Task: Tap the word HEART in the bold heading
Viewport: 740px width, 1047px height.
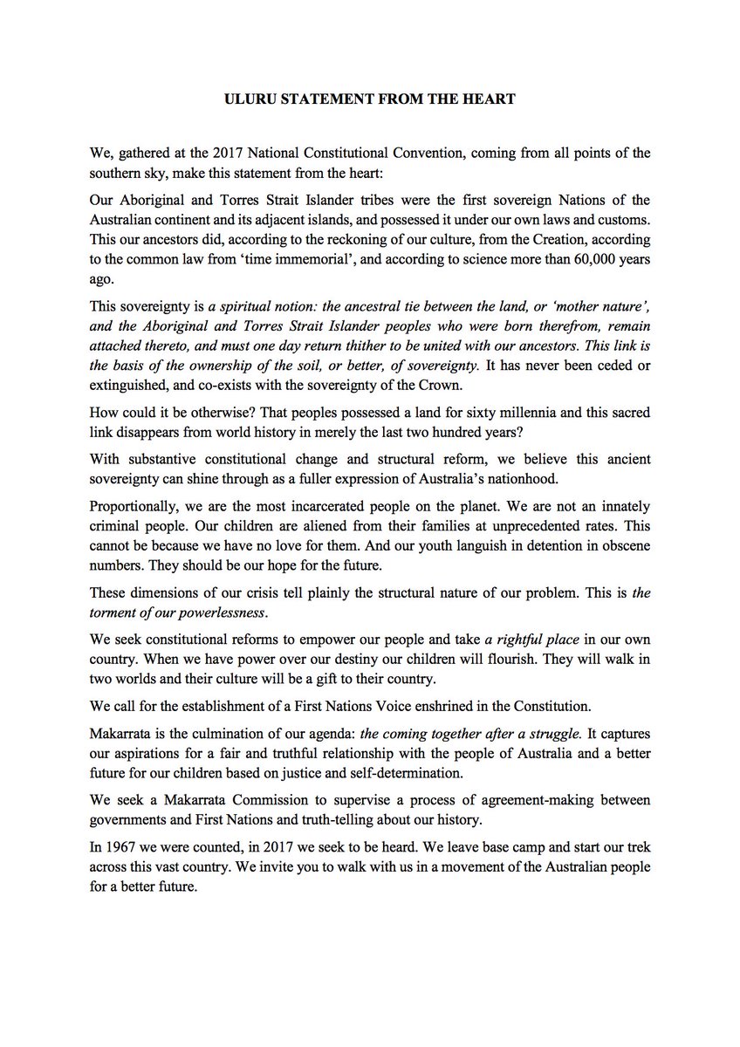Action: click(489, 99)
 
